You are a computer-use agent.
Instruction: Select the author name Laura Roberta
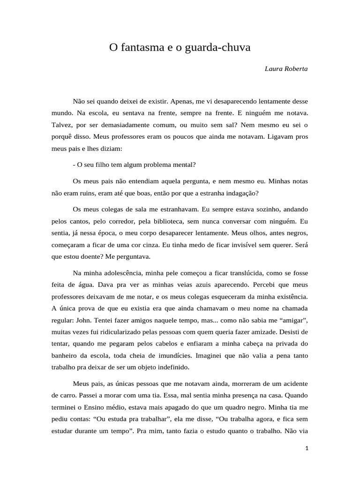point(286,68)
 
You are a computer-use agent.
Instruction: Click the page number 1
point(307,449)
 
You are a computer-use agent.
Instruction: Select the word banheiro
point(66,355)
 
